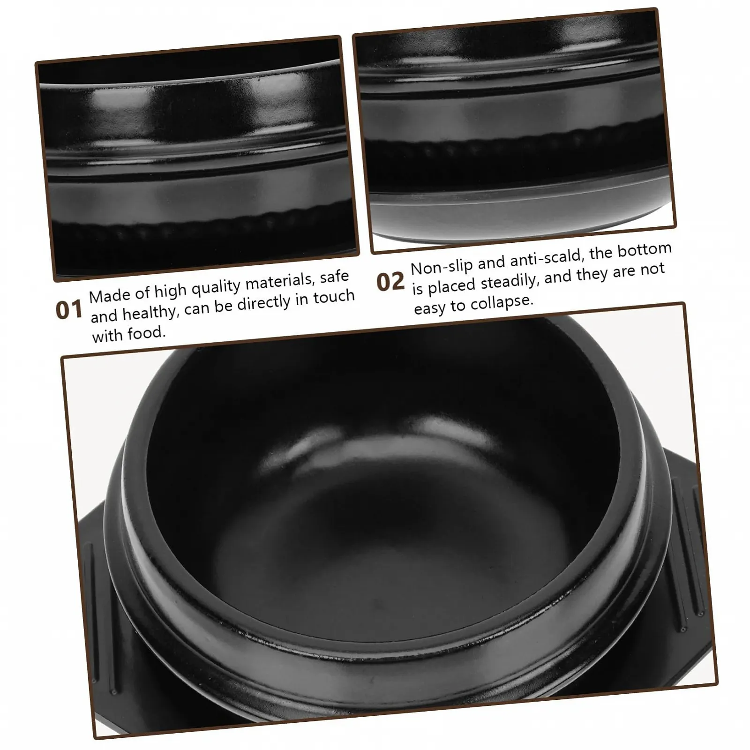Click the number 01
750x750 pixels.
tap(69, 310)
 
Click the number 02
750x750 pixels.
tap(390, 282)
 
